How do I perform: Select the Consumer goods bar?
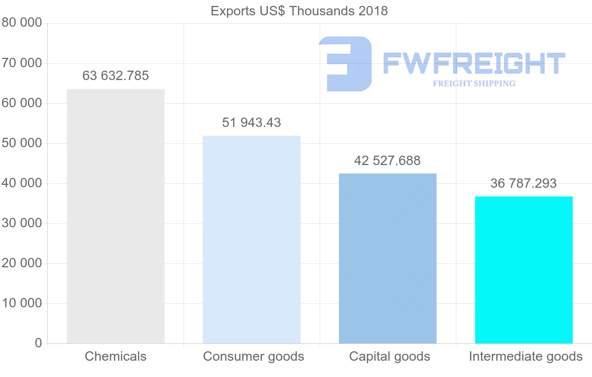pyautogui.click(x=252, y=239)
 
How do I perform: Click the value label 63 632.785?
pyautogui.click(x=115, y=76)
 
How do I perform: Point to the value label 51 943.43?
pyautogui.click(x=252, y=123)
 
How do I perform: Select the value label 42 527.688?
pyautogui.click(x=387, y=161)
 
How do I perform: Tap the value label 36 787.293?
pyautogui.click(x=523, y=184)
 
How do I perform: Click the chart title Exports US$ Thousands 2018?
pyautogui.click(x=299, y=11)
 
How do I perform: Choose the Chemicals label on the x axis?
pyautogui.click(x=115, y=356)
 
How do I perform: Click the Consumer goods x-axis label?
pyautogui.click(x=254, y=356)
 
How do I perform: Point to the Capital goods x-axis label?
pyautogui.click(x=390, y=356)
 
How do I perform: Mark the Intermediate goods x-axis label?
pyautogui.click(x=526, y=356)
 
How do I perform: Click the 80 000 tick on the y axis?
pyautogui.click(x=22, y=23)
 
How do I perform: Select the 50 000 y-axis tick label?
pyautogui.click(x=22, y=143)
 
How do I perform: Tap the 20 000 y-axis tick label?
pyautogui.click(x=22, y=263)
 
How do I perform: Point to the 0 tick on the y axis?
pyautogui.click(x=38, y=343)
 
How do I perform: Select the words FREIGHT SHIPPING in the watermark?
pyautogui.click(x=474, y=84)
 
